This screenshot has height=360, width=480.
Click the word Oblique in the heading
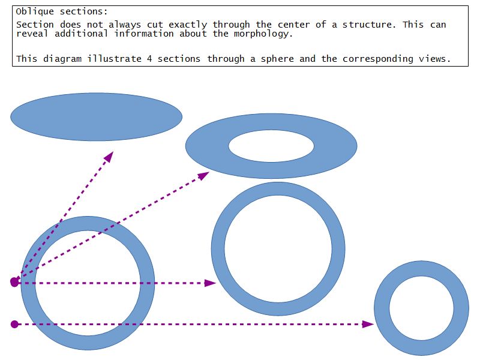[x=35, y=12]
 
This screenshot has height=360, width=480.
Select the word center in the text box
[x=294, y=25]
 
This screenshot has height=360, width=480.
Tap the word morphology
[x=263, y=34]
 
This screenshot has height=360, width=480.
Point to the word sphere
[x=277, y=59]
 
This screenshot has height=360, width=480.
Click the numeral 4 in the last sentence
[x=149, y=58]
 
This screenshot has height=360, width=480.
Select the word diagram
[x=62, y=59]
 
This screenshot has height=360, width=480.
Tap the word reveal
[x=32, y=34]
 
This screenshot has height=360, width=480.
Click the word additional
[x=81, y=34]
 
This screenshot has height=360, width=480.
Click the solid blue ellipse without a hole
[x=97, y=117]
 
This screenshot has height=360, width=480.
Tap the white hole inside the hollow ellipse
[x=271, y=146]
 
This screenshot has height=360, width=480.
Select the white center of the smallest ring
[x=422, y=308]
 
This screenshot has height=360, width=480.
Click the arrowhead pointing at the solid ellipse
[x=109, y=157]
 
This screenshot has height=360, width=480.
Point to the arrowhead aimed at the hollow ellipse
[x=204, y=176]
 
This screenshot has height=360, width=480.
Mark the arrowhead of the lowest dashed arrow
[x=368, y=324]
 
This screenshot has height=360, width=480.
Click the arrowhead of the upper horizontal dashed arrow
[x=211, y=283]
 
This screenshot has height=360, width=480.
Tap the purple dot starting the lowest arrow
[x=14, y=324]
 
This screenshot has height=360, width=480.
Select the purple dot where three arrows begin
[x=14, y=282]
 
